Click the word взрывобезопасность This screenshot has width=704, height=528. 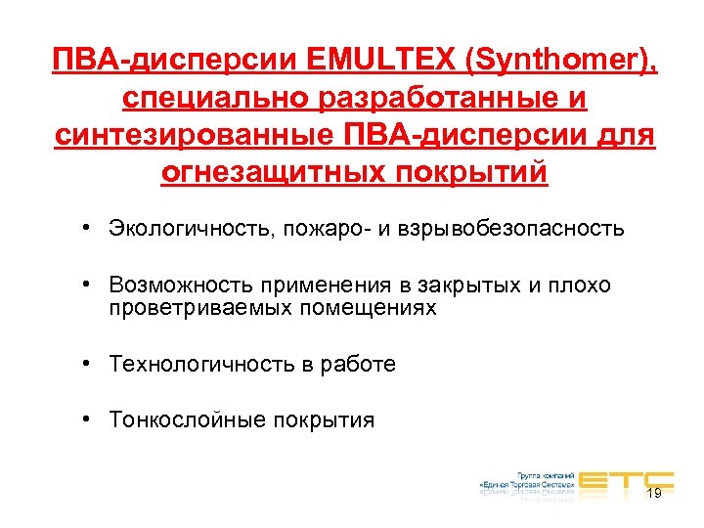[509, 229]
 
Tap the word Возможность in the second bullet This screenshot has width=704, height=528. [182, 285]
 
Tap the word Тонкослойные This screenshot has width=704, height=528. [190, 420]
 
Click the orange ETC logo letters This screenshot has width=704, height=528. [625, 478]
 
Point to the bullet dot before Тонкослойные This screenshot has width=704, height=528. [88, 419]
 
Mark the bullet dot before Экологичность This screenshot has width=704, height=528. [88, 228]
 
